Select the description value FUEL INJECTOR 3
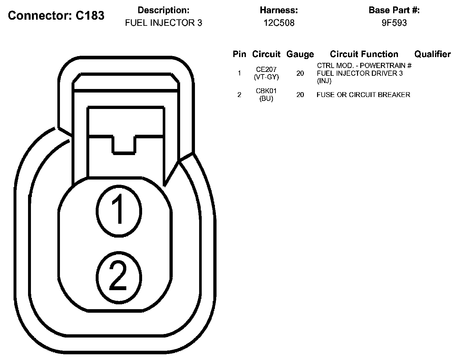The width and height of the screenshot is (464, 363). pos(163,23)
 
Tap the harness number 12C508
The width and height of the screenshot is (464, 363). pos(279,23)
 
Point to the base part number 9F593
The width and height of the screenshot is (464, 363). pos(394,23)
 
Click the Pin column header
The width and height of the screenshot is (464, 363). pos(239,54)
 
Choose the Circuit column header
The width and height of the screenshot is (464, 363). pos(266,54)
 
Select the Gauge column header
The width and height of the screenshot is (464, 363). pos(300,54)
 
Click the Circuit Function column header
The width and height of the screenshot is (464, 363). pos(364,54)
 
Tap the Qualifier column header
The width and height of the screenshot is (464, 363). pos(432,54)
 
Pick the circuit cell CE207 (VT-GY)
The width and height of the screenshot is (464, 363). pos(266,73)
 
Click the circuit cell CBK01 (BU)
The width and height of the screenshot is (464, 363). pos(266,95)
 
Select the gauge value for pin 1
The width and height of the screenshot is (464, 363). pos(300,74)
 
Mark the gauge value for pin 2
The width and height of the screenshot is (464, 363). pos(300,95)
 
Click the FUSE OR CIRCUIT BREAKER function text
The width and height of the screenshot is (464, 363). pos(363,95)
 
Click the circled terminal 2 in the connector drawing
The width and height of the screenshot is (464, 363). pos(119,276)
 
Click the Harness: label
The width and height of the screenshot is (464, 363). pos(279,10)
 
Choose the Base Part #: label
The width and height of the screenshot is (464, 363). pos(394,10)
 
